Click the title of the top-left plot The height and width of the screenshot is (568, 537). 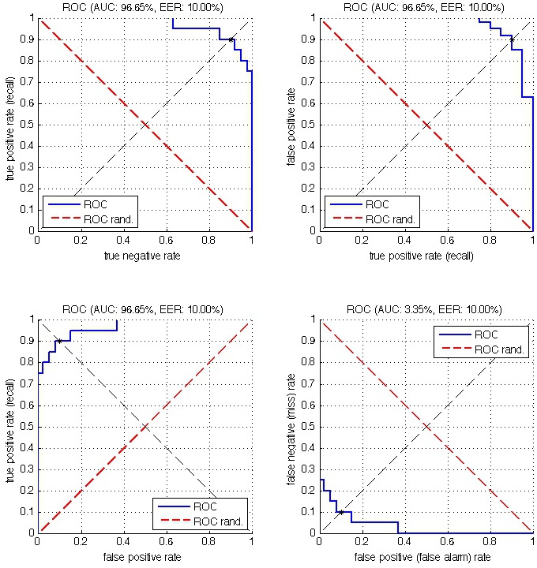(144, 7)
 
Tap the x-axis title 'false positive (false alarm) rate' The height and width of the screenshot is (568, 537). (425, 558)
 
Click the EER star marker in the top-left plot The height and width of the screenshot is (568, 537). (231, 39)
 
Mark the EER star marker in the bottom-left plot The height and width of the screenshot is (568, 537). (59, 341)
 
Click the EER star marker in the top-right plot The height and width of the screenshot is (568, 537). (512, 39)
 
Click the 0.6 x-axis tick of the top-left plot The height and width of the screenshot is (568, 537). (166, 241)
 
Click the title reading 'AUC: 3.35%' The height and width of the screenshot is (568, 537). (425, 309)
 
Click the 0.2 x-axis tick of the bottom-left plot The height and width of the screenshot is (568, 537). (81, 543)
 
